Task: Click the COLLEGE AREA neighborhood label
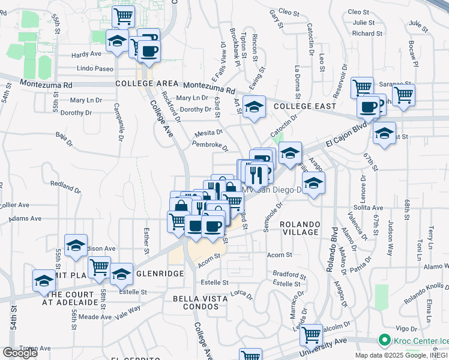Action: [147, 83]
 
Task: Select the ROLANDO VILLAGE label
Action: [299, 228]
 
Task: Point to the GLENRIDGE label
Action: [159, 273]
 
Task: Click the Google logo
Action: [20, 353]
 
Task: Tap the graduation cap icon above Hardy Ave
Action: [117, 41]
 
